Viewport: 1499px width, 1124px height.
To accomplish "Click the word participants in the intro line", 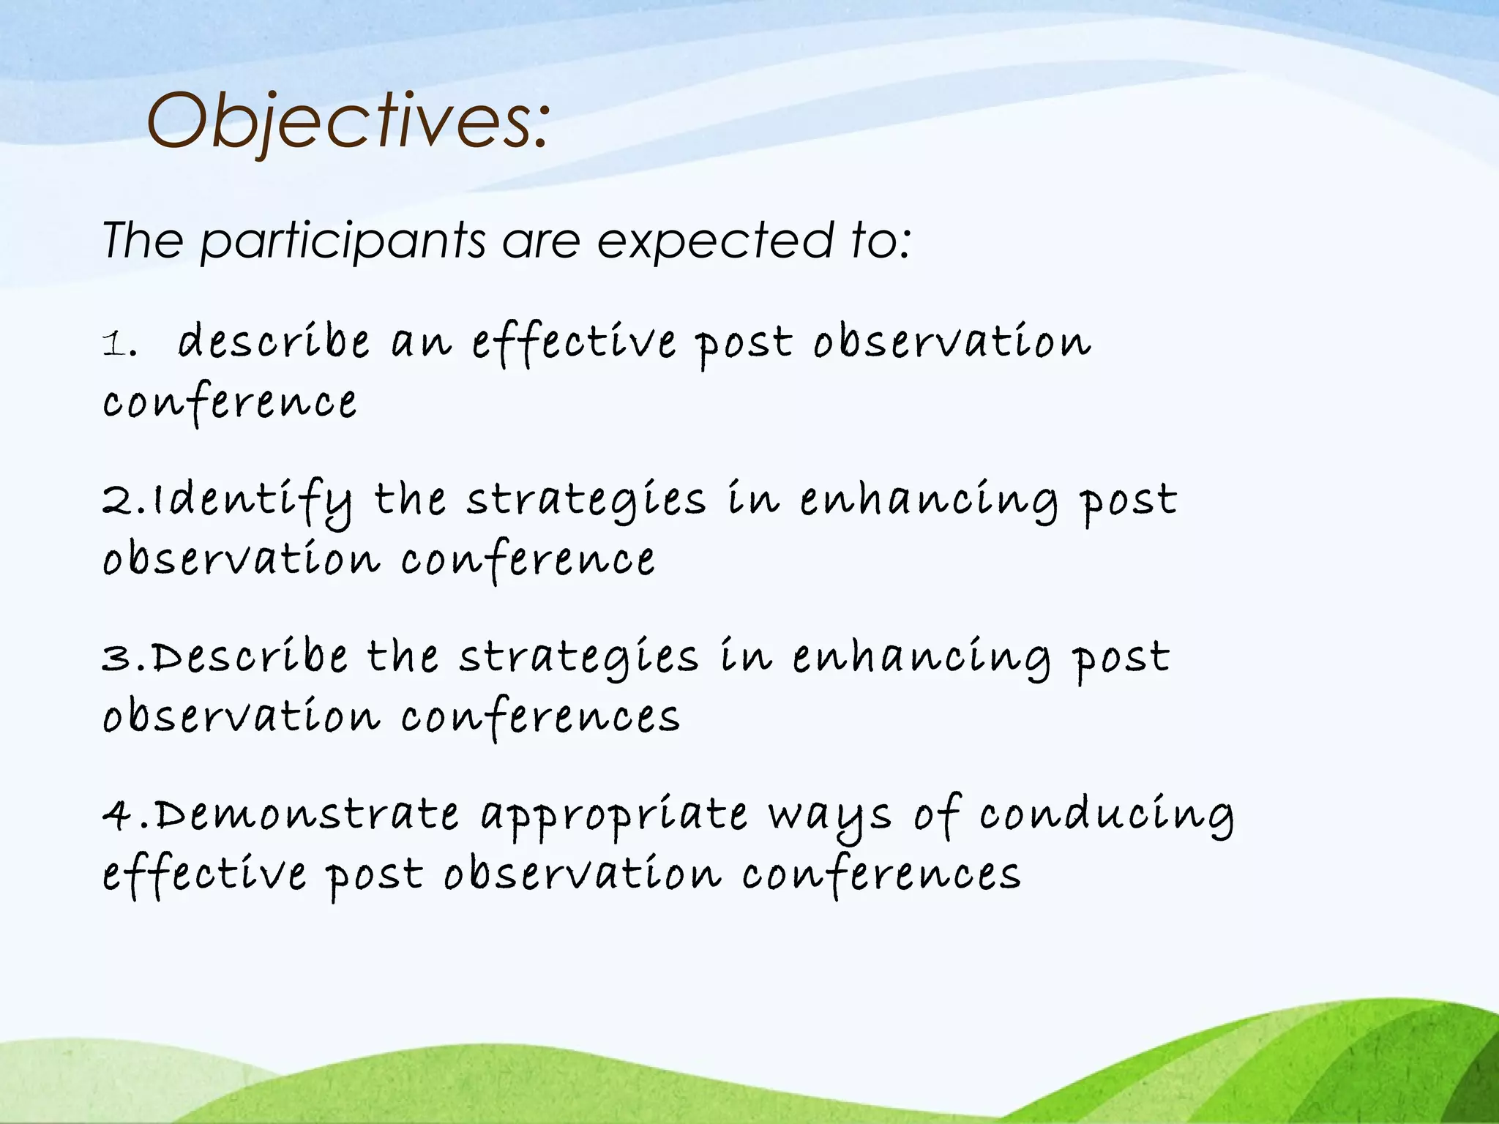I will [x=342, y=241].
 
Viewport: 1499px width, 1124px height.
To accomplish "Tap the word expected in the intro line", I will [x=715, y=241].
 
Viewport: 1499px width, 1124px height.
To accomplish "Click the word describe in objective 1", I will [x=274, y=342].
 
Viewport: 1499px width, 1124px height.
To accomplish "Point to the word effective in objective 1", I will [x=573, y=342].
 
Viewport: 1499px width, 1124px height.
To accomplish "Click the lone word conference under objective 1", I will [x=230, y=402].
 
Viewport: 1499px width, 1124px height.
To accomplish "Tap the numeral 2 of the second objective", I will [x=117, y=501].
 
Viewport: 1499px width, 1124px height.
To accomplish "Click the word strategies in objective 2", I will [x=586, y=501].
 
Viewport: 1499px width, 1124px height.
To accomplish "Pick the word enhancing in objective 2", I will [x=928, y=501].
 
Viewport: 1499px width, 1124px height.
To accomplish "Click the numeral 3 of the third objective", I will [x=117, y=658].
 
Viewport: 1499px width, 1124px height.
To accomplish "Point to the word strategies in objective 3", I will [x=579, y=658].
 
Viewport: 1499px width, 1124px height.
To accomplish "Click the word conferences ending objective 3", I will [x=540, y=717].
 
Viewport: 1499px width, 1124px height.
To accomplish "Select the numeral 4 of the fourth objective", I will [x=117, y=814].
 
